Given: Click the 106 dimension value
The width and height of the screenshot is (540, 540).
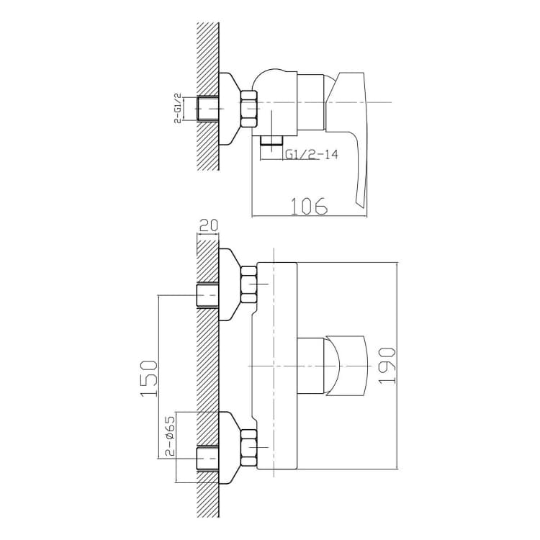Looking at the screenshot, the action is click(x=310, y=206).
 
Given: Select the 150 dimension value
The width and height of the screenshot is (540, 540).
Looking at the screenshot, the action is click(x=149, y=379).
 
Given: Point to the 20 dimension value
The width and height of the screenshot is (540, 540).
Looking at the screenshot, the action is click(x=207, y=225).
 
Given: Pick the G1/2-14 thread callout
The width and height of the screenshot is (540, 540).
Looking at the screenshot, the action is click(x=311, y=154).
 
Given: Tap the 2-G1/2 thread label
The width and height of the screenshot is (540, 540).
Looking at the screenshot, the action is click(x=178, y=109).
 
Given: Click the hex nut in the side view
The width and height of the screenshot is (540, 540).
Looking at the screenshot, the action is click(x=249, y=109).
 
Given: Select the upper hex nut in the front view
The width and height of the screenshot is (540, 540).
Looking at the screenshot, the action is click(x=249, y=284).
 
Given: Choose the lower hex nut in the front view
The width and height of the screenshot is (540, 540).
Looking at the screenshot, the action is click(x=249, y=447).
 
